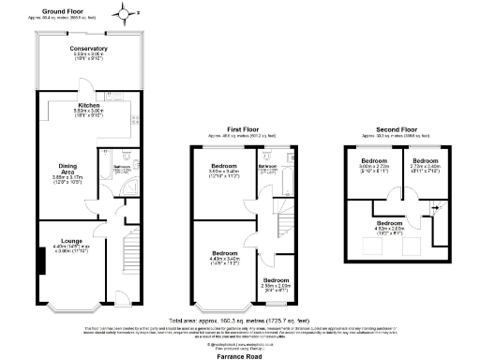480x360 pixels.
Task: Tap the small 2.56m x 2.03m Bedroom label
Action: click(x=275, y=284)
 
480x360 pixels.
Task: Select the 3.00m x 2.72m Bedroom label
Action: click(x=375, y=166)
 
